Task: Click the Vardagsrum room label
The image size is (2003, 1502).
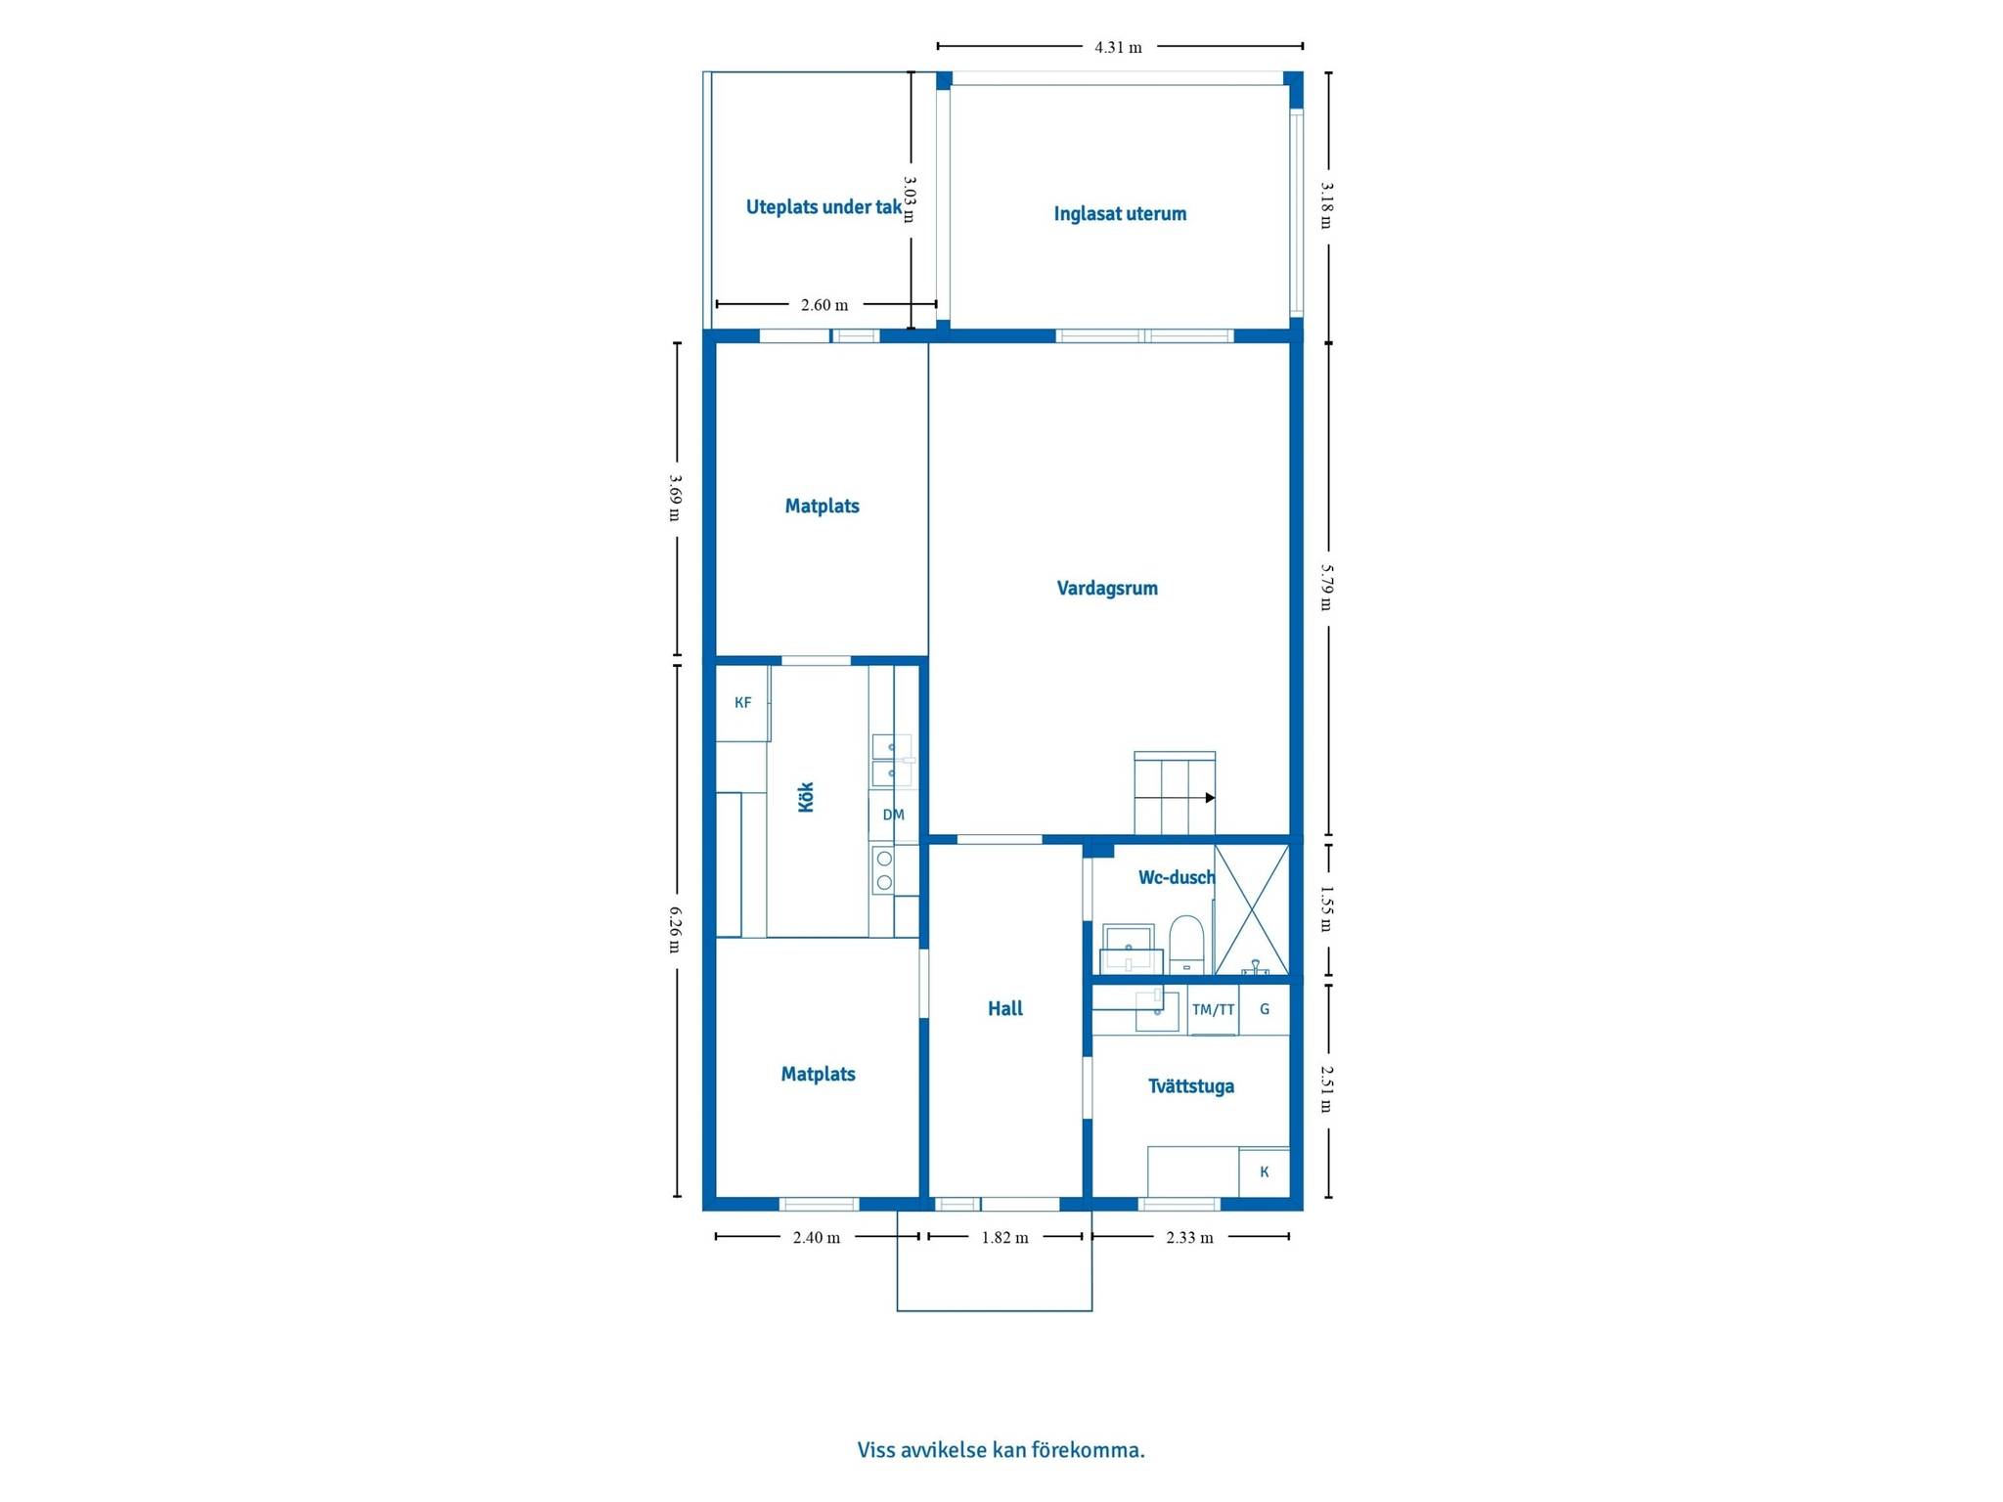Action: (1107, 588)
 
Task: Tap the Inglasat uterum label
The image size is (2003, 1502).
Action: (1120, 213)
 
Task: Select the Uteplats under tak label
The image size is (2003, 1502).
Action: (823, 206)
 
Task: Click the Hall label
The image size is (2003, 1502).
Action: (1005, 1008)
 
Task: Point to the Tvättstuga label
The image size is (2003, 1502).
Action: (1191, 1085)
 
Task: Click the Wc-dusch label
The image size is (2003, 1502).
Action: (1177, 877)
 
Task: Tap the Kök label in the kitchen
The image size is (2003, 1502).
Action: (806, 797)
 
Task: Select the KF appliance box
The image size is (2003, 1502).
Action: (742, 702)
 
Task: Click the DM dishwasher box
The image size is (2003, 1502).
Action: (894, 815)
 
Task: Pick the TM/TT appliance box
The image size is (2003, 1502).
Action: (1214, 1010)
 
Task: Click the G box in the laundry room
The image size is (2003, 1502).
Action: (1265, 1010)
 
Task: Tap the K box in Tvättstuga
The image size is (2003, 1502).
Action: (1265, 1171)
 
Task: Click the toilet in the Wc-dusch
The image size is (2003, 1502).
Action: (1186, 944)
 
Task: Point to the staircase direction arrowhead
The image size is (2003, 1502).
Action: (1210, 798)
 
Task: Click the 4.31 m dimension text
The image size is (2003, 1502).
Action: (1118, 47)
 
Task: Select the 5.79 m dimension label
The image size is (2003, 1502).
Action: (1327, 587)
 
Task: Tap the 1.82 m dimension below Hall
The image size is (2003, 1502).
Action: (1005, 1237)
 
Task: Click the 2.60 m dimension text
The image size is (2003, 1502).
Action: (824, 305)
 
